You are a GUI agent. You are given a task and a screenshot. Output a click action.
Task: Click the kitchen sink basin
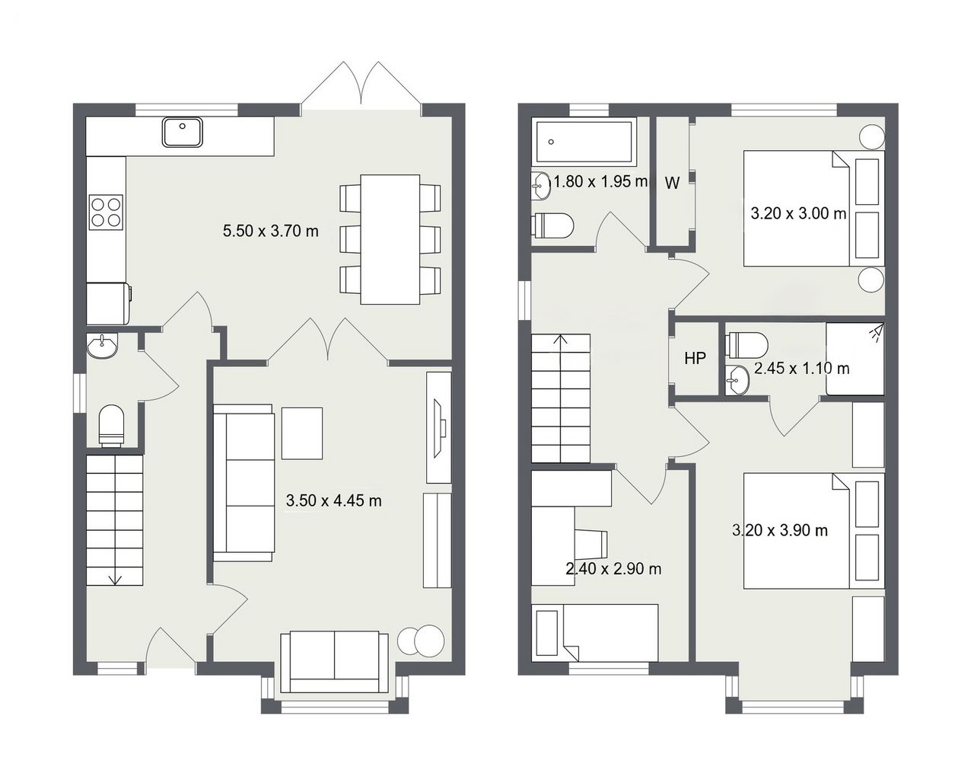coord(183,132)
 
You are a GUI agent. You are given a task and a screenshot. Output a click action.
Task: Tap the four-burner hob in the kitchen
coord(107,213)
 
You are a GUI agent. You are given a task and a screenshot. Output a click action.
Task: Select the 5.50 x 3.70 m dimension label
coord(271,231)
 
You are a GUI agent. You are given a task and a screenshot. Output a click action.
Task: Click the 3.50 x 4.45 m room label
coord(333,500)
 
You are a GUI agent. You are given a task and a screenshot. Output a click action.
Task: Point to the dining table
coord(390,239)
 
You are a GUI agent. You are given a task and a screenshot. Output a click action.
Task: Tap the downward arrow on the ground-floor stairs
coord(115,580)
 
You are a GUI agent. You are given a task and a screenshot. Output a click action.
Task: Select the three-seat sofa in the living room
coord(244,483)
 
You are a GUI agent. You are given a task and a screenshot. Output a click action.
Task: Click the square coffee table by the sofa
coord(302,433)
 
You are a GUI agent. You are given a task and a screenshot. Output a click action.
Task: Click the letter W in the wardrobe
coord(672,183)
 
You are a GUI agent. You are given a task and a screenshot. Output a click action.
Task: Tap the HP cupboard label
coord(695,358)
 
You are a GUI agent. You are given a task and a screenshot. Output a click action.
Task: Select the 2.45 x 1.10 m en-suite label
coord(801,369)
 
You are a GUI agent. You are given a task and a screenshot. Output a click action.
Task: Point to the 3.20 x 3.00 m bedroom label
coord(798,213)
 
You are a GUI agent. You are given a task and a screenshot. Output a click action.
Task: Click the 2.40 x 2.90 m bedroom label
coord(613,568)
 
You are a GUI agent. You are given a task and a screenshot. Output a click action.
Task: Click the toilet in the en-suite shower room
coord(746,345)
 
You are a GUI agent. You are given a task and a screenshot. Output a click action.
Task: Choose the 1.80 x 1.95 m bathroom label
coord(600,182)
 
